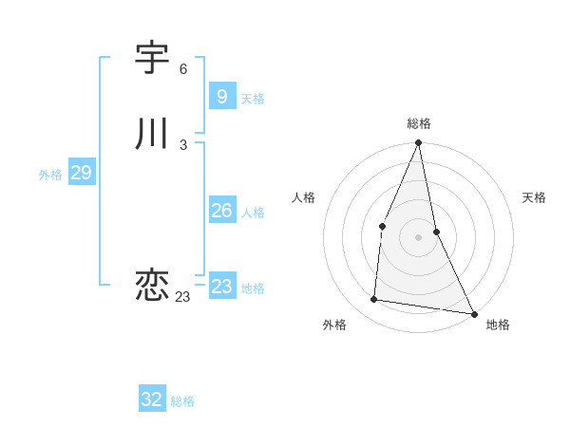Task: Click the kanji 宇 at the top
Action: [152, 59]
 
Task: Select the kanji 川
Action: [152, 135]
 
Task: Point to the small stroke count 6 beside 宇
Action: [183, 69]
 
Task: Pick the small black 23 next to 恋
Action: [182, 297]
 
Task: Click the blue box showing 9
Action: [221, 96]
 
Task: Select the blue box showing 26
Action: [221, 211]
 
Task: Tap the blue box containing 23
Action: [221, 287]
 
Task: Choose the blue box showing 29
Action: [81, 173]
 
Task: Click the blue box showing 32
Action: [152, 400]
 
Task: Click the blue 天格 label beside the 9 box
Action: [253, 99]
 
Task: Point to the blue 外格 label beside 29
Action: [50, 175]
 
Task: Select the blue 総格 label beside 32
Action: [182, 401]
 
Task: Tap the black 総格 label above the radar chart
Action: [419, 123]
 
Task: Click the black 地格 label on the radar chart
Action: [498, 325]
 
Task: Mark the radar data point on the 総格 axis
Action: [418, 143]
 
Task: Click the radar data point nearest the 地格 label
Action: [473, 313]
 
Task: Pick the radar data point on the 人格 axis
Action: [382, 226]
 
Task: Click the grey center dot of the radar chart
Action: [418, 237]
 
